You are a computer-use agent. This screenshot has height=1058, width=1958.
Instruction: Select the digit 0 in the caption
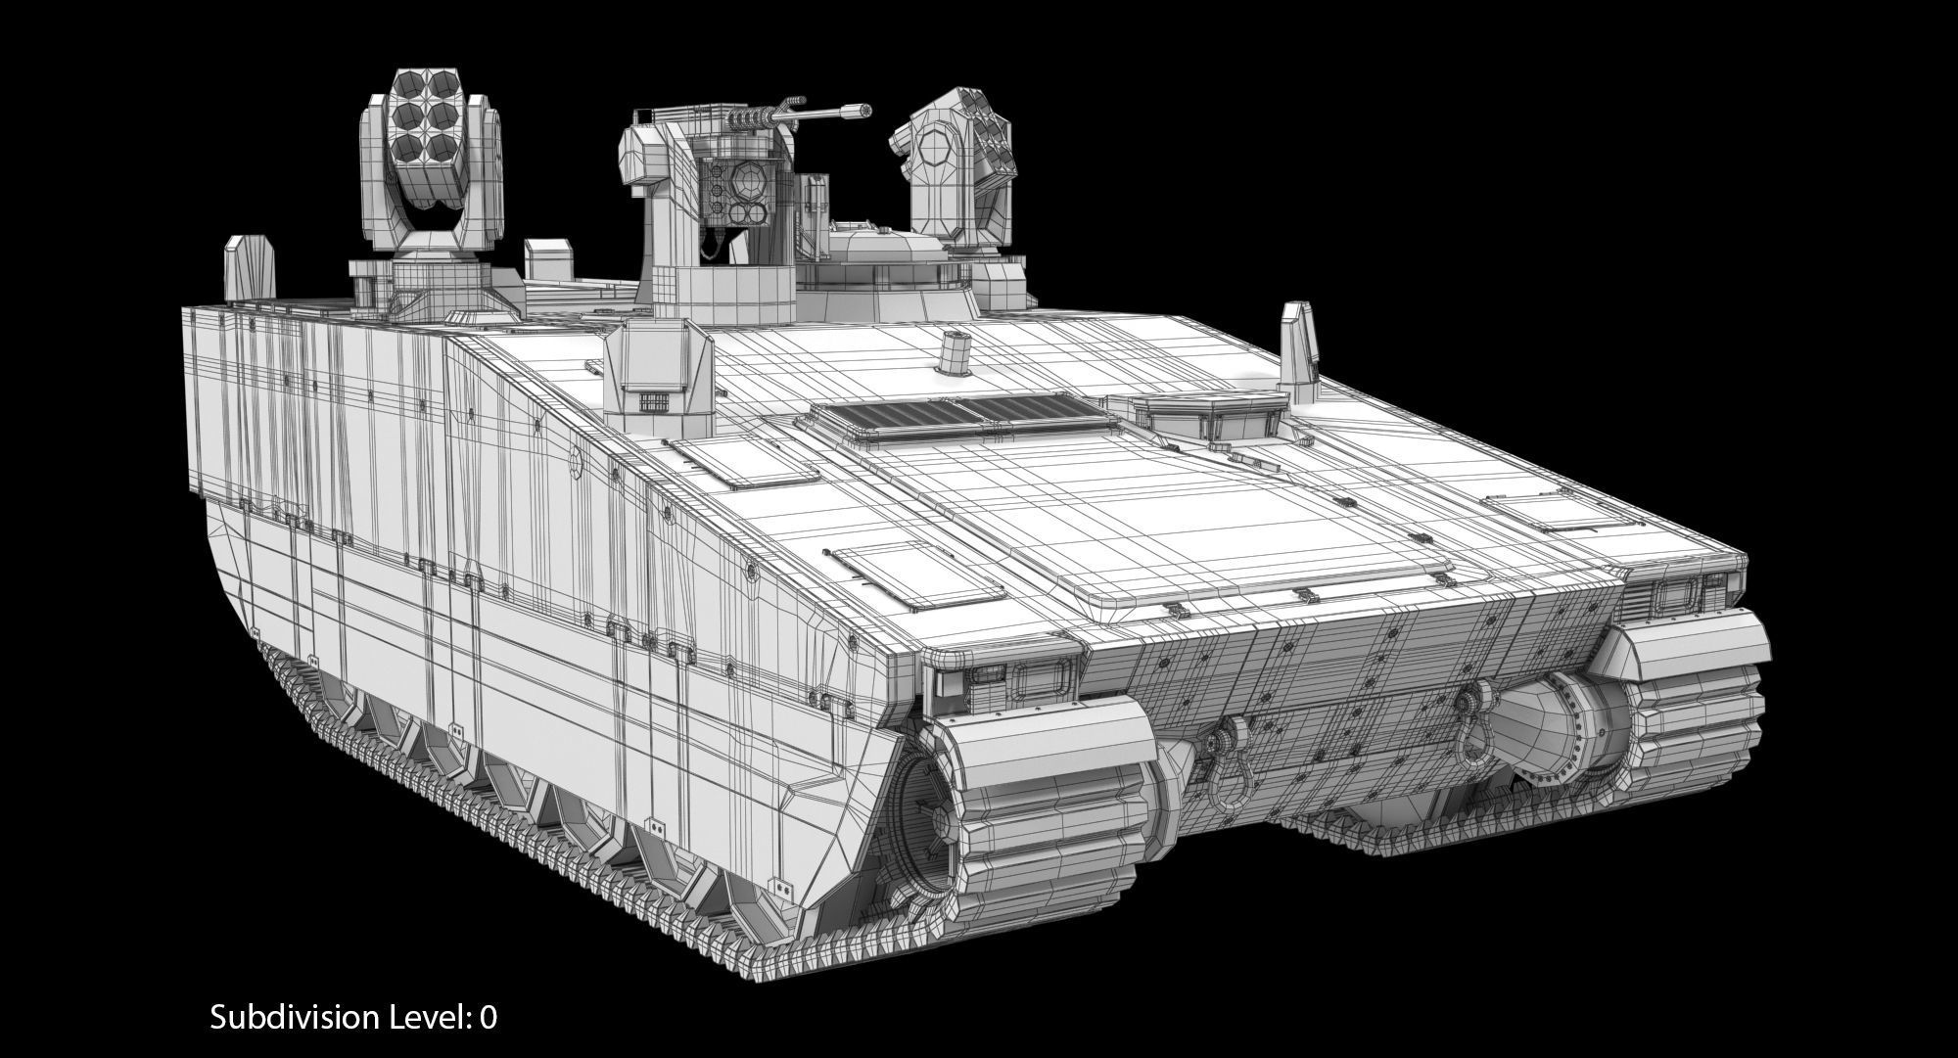click(x=488, y=1018)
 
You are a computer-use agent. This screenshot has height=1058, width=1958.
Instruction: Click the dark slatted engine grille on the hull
click(x=958, y=417)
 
